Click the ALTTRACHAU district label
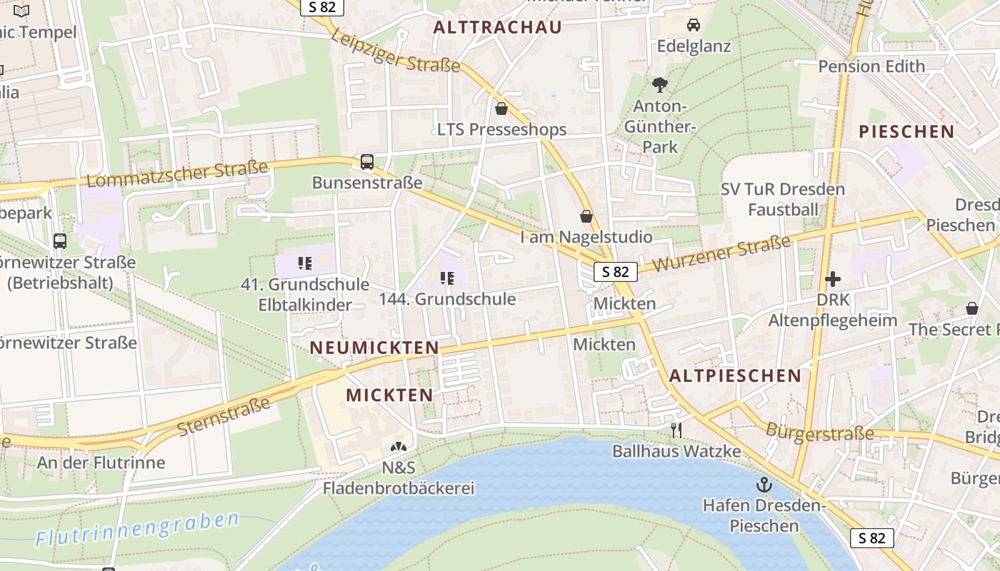[x=498, y=27]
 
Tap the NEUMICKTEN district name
[x=374, y=348]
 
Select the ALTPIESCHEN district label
[x=735, y=375]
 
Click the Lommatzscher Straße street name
[x=177, y=173]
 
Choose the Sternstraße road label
[x=224, y=417]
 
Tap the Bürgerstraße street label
[x=819, y=432]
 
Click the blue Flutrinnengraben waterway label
[x=137, y=529]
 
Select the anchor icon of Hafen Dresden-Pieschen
[x=764, y=485]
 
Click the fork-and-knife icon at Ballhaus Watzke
[x=676, y=430]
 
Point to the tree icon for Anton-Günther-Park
[x=660, y=85]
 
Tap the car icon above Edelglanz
[x=693, y=25]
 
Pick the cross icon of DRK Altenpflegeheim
[x=832, y=279]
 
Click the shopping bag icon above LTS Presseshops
[x=501, y=108]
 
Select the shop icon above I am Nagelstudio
[x=586, y=216]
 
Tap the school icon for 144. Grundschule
[x=447, y=278]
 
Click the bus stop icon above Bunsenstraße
[x=367, y=162]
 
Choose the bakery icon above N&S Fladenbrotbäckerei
[x=398, y=447]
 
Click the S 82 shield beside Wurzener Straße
[x=615, y=271]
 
